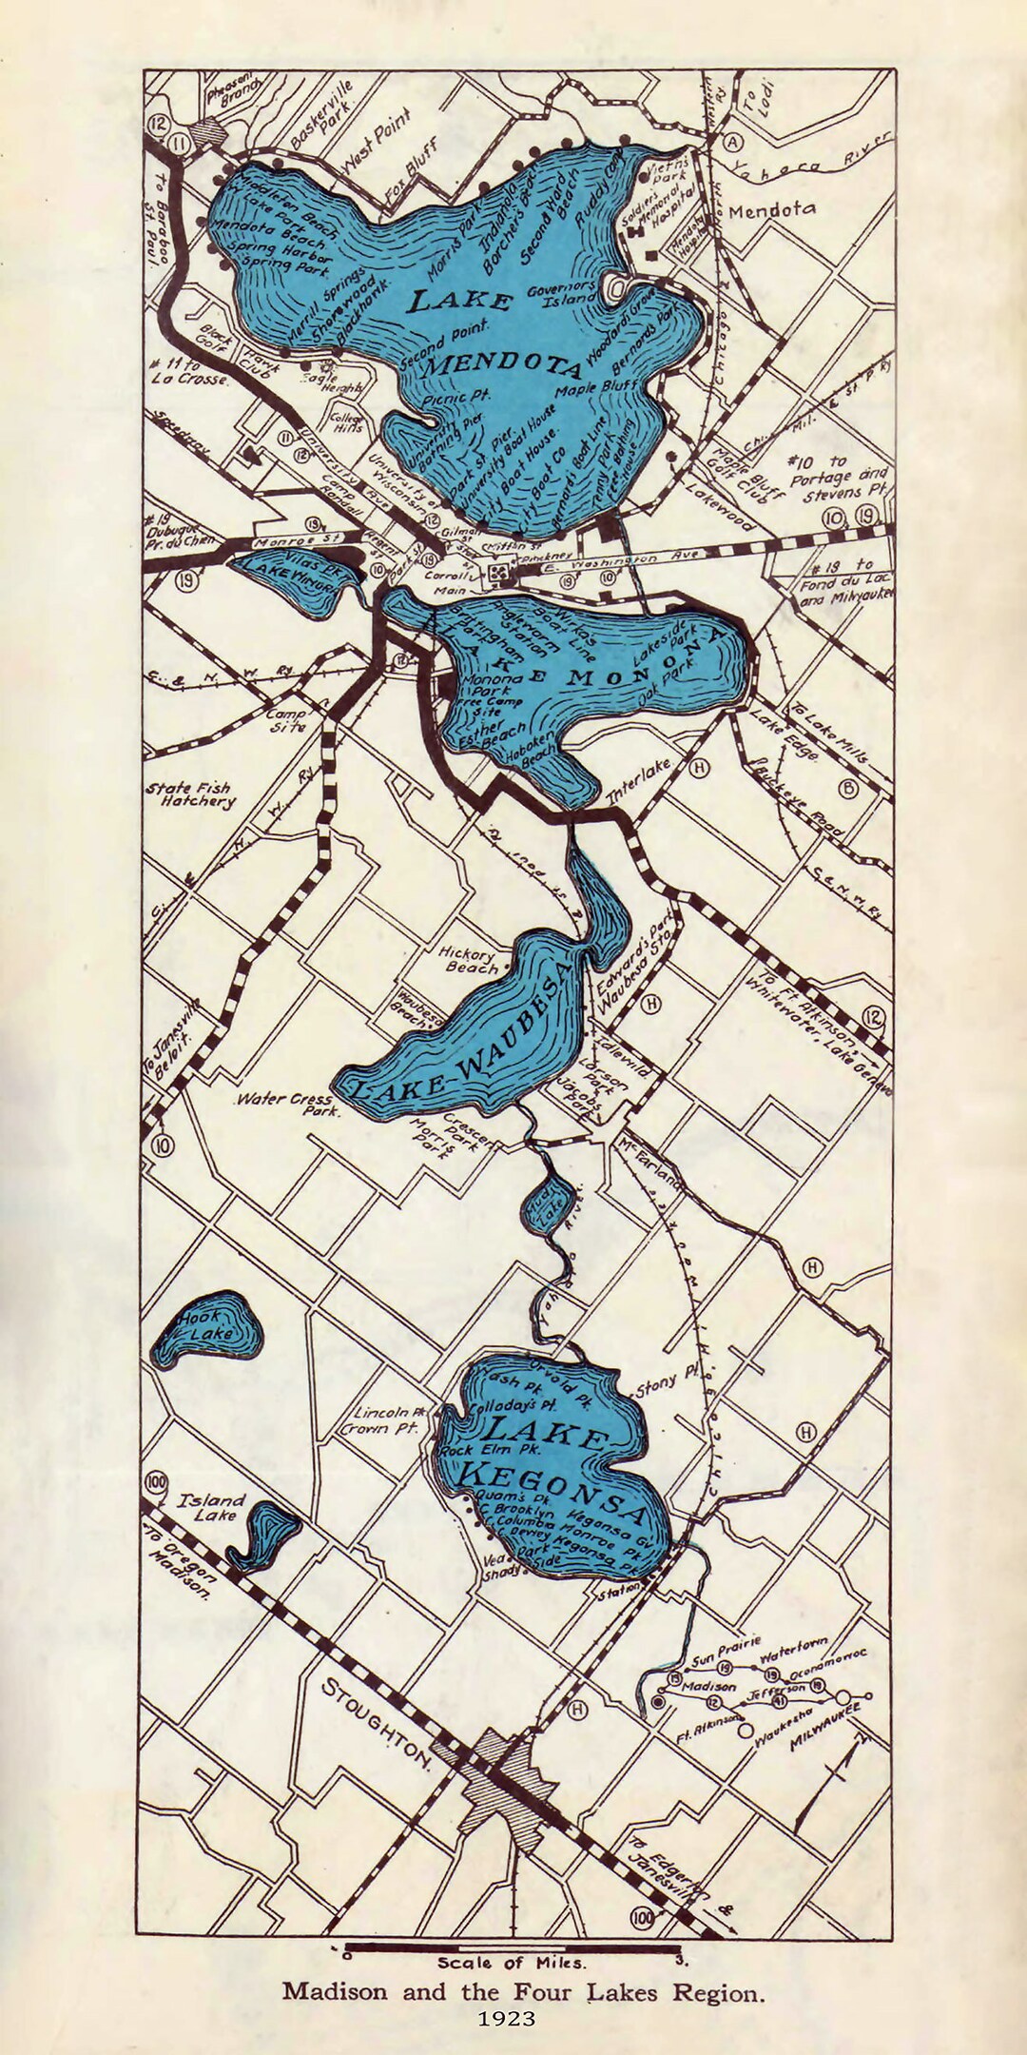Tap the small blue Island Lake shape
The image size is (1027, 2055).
coord(265,1535)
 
